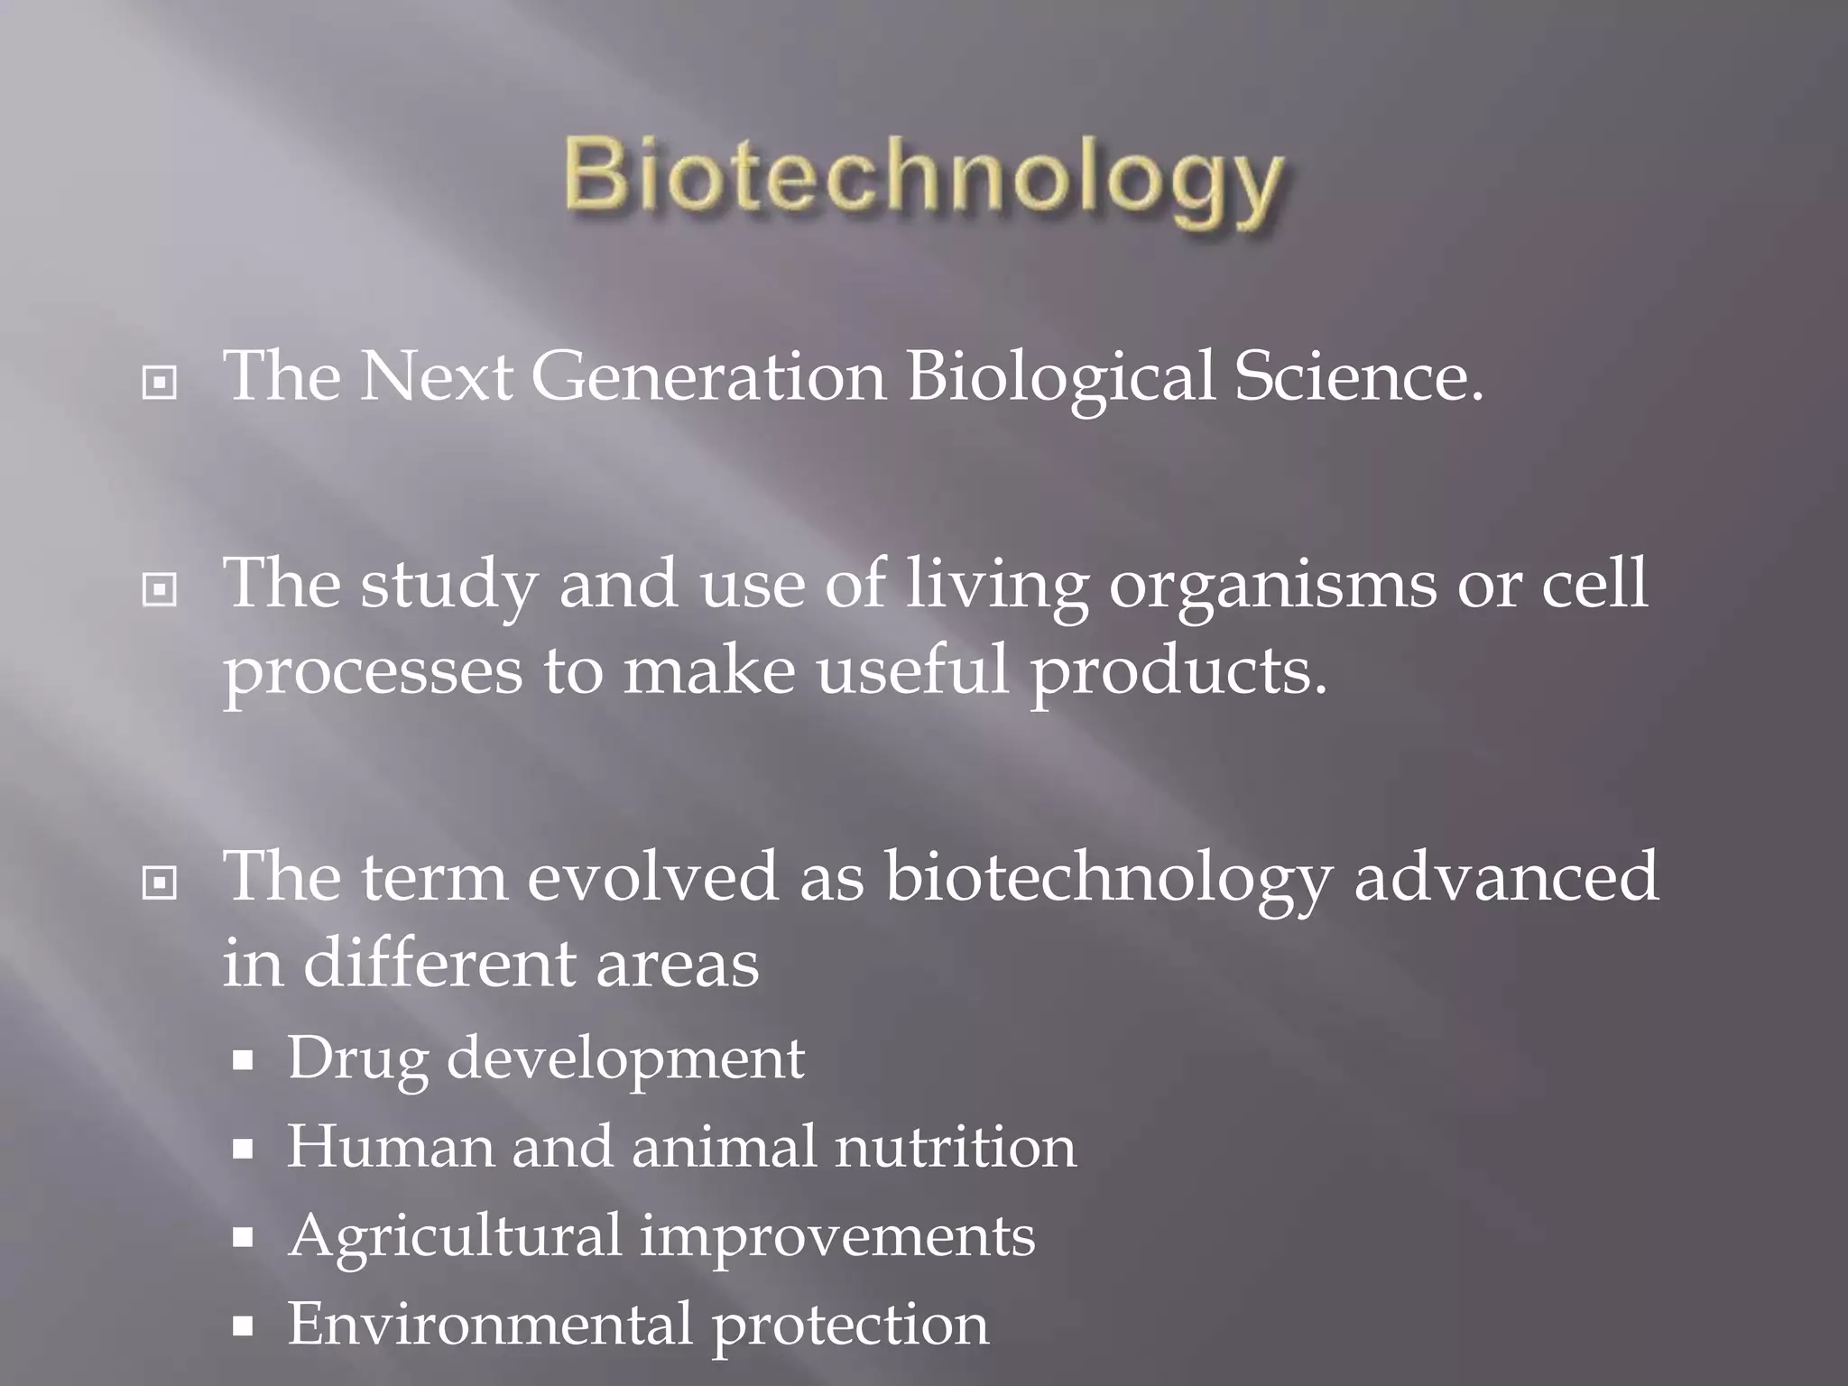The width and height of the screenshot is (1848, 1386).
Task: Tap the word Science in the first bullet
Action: point(1358,377)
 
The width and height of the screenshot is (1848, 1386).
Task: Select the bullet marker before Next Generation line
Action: point(160,383)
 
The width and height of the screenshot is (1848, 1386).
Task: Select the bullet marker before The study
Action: point(160,591)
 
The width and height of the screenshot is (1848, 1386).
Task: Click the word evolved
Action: point(651,877)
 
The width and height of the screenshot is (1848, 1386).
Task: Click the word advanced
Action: point(1505,877)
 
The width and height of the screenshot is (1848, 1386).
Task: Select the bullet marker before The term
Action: point(160,883)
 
